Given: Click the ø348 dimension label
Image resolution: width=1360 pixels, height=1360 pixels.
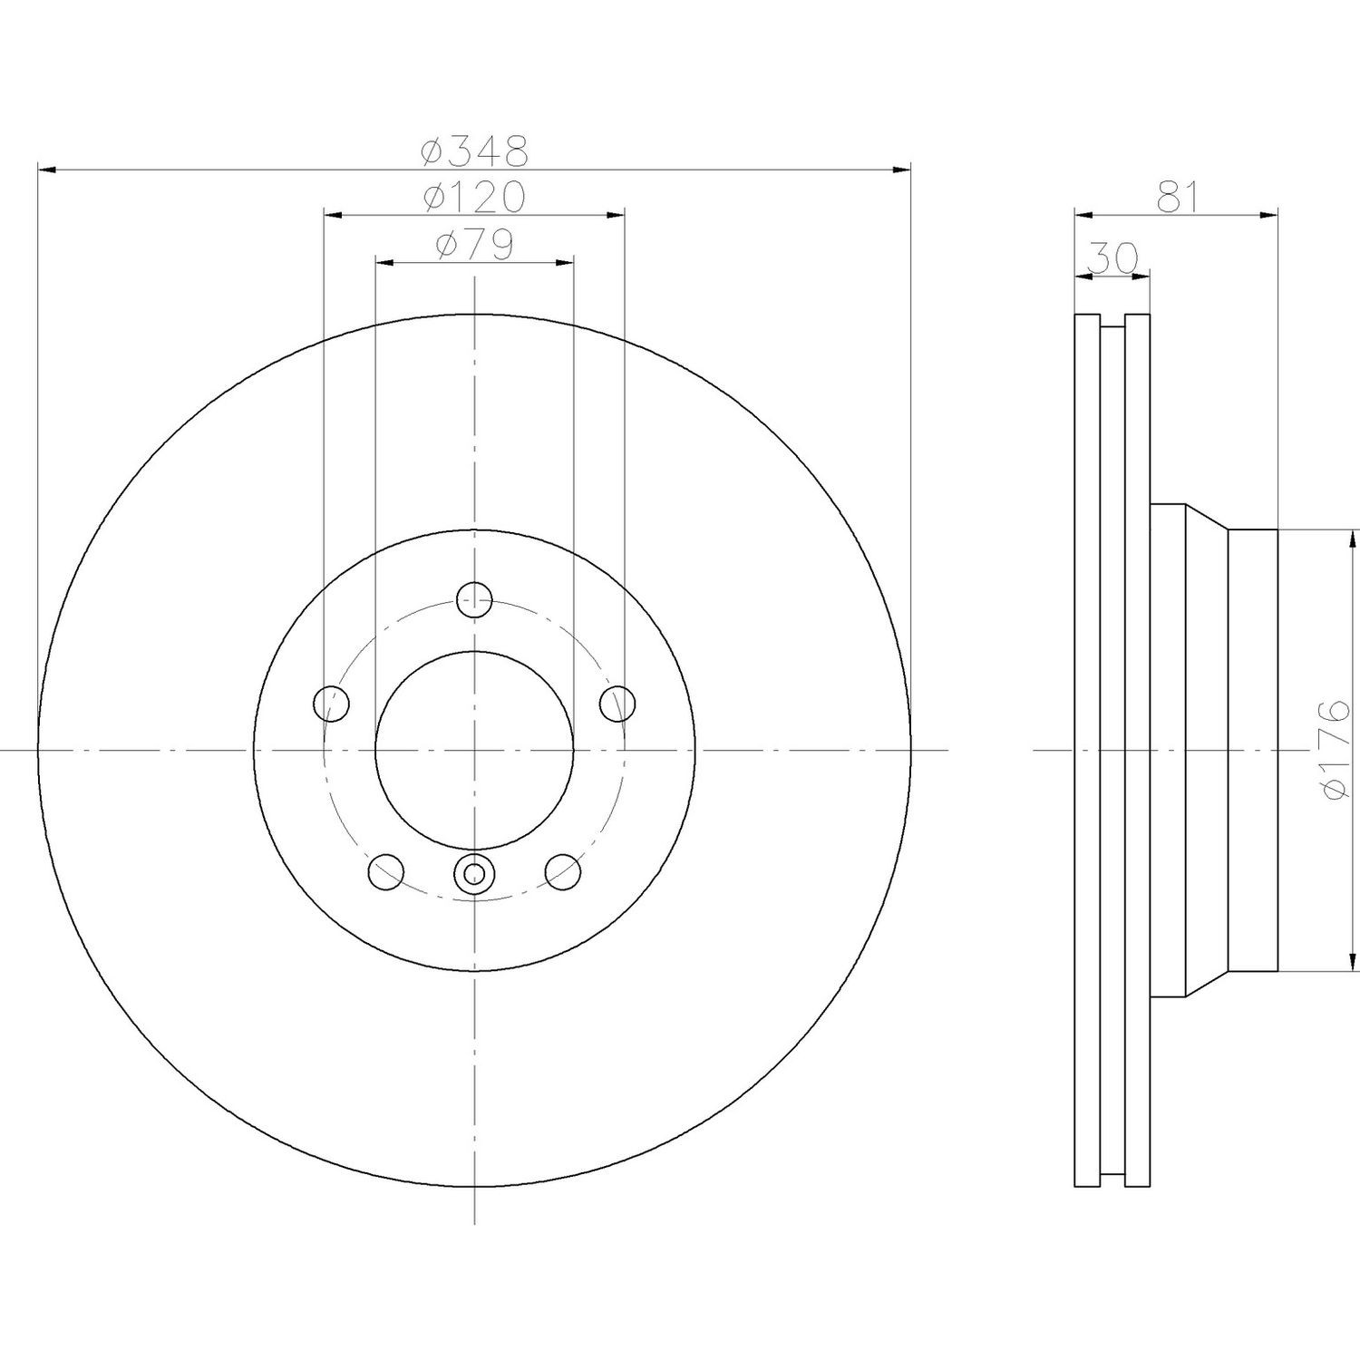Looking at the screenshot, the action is coord(475,151).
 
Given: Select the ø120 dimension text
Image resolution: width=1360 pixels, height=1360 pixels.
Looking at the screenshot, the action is coord(475,197).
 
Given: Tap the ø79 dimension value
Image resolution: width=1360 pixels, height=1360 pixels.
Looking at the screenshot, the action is coord(475,245).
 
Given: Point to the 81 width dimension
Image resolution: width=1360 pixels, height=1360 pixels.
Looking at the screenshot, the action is coord(1177,197).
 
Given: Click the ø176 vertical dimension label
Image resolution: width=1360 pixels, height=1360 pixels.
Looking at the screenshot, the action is coord(1336,749).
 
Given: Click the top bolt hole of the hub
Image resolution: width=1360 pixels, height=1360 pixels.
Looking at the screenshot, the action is coord(474,598).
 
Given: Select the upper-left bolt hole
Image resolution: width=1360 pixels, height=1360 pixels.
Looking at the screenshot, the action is coord(331,703).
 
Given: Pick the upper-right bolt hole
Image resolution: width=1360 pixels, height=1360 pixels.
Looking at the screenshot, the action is coord(618,703).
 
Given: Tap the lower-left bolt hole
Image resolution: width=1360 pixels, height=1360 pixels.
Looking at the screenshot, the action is coord(386,871).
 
